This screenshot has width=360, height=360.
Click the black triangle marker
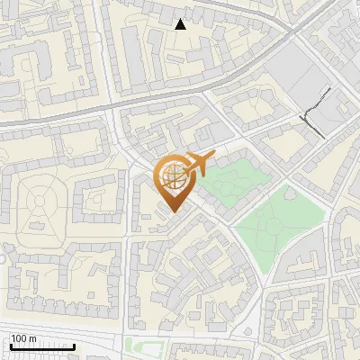click(x=181, y=24)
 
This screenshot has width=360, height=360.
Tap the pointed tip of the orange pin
click(x=173, y=211)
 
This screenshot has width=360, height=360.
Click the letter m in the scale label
click(x=33, y=338)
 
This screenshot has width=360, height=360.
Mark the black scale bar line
click(x=41, y=346)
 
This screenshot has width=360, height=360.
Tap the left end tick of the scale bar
click(x=9, y=345)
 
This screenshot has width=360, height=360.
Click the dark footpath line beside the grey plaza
click(x=314, y=112)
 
